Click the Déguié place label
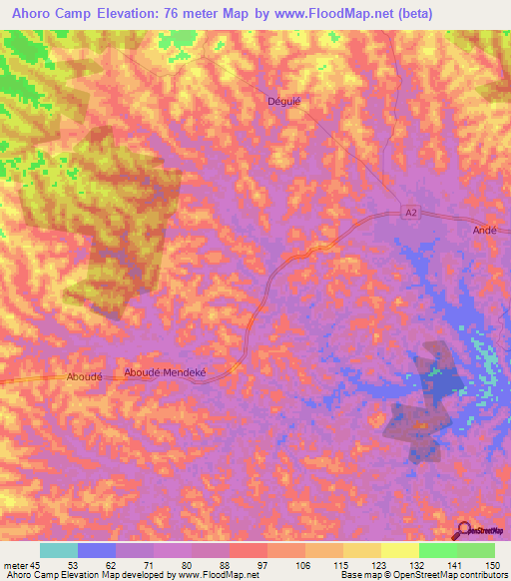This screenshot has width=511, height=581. [x=284, y=101]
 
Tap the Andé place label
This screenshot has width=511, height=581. [x=483, y=229]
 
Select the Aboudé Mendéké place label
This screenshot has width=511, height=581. [x=164, y=372]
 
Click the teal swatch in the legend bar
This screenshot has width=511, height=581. [x=58, y=550]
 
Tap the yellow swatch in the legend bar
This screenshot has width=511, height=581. [x=399, y=550]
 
